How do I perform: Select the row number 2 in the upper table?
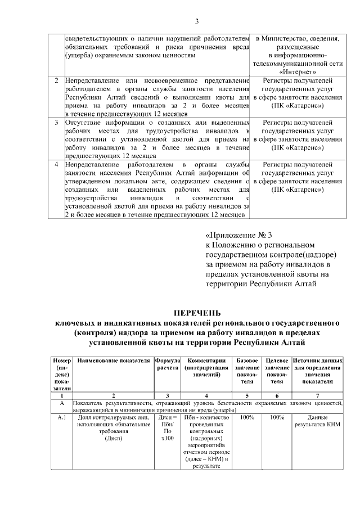pos(56,81)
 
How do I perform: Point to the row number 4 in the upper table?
pos(56,164)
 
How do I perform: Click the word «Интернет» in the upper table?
pos(296,73)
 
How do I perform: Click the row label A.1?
pos(62,418)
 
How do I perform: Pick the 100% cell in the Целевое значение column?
pos(277,418)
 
